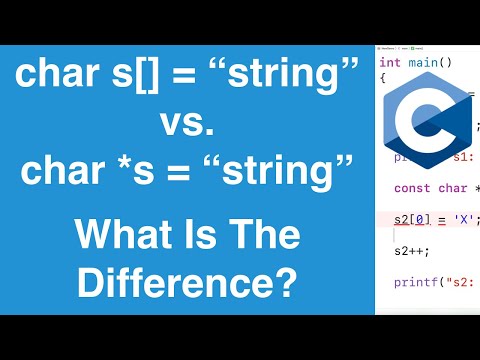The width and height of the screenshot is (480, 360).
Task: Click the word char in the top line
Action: point(59,76)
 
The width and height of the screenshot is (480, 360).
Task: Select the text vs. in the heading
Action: point(188,124)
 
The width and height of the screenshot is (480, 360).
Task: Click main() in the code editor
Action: point(430,62)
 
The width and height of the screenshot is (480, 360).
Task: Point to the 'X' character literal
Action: point(462,219)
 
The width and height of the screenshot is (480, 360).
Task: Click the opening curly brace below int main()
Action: point(383,77)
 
